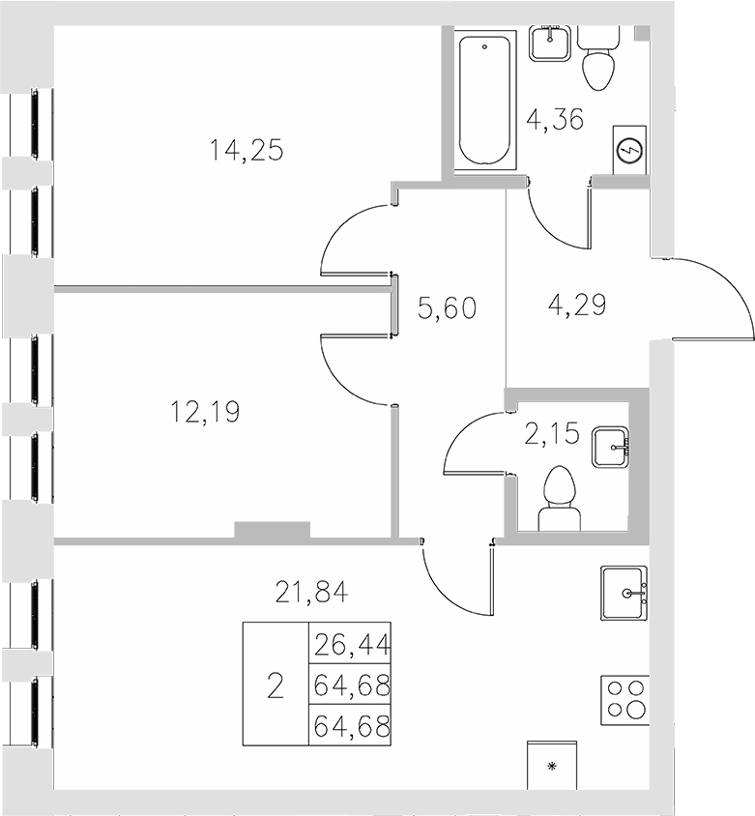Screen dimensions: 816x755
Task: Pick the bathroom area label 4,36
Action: tap(554, 122)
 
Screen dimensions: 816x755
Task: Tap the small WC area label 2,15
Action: tap(551, 434)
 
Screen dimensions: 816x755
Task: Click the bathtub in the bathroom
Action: tap(486, 102)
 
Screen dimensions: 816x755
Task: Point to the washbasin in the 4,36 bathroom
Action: tap(552, 44)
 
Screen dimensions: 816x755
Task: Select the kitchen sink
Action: tap(624, 593)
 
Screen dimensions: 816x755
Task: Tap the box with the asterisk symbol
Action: tap(552, 766)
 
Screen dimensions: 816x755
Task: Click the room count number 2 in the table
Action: tap(275, 686)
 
